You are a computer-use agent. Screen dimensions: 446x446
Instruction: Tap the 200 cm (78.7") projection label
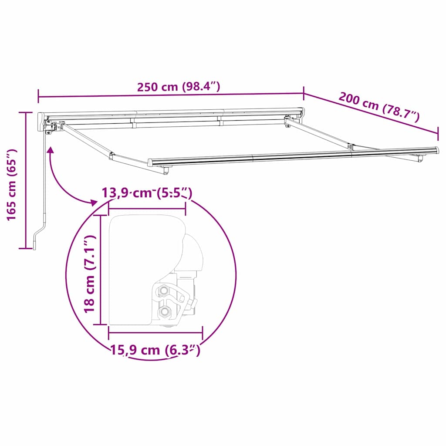pos(378,107)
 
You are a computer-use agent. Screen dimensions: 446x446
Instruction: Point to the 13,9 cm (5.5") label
pos(147,193)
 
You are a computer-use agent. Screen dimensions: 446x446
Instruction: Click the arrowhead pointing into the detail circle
pos(93,202)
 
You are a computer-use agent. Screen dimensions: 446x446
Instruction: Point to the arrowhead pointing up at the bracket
pos(51,150)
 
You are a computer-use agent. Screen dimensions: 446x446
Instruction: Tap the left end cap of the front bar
pos(151,162)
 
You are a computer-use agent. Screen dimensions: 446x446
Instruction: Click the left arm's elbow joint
pos(112,155)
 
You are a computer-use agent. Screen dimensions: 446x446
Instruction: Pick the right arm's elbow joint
pos(351,146)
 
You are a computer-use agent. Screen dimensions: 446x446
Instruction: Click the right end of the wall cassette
pos(301,111)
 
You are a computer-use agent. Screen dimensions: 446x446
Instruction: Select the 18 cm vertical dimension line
pos(101,270)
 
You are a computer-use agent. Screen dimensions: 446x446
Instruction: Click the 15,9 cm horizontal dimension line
pos(155,333)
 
